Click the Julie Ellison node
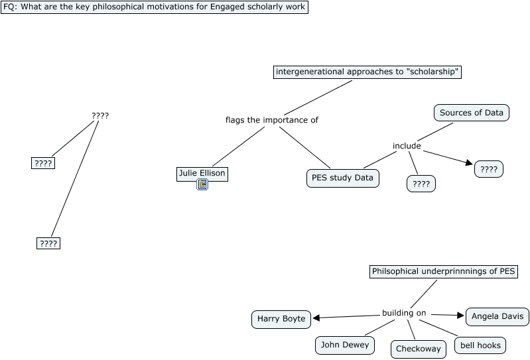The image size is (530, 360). pos(202,174)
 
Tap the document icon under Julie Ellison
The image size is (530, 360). pos(202,184)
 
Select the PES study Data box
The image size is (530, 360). pos(343,178)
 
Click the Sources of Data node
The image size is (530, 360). pos(472,113)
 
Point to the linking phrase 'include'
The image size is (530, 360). pos(407,146)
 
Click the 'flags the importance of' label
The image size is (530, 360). pos(272,120)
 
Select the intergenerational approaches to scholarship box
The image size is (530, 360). pos(367,72)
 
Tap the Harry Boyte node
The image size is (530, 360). pos(281,319)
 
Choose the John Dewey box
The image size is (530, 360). pos(345,345)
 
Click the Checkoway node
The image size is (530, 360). pos(419,349)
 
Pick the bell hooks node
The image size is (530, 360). pos(480,345)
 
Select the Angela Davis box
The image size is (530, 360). pos(497,317)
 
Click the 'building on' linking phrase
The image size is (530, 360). pos(404,313)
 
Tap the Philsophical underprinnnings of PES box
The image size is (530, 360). pos(444,272)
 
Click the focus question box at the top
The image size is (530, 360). pos(155,7)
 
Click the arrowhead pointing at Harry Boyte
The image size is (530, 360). pos(316,318)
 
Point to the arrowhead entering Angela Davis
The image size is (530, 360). pos(461,316)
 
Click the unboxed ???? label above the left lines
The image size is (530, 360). pos(100,116)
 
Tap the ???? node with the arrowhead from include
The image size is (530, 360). pos(489,169)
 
